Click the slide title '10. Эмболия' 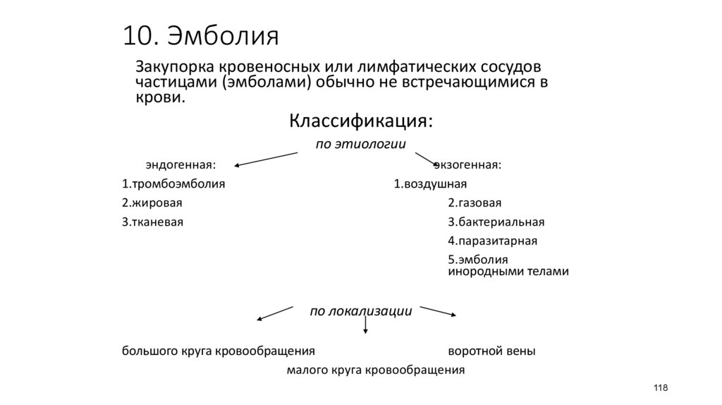tap(201, 35)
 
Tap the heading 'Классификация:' tap(360, 121)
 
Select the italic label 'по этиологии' tap(360, 145)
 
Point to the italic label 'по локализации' tap(360, 311)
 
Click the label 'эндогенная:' tap(180, 165)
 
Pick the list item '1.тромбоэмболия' tap(173, 185)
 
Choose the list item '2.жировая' tap(152, 203)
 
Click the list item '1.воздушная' tap(430, 185)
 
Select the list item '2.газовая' tap(475, 203)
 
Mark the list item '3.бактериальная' tap(496, 222)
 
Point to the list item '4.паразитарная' tap(492, 241)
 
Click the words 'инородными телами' tap(508, 271)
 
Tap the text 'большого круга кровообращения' tap(218, 351)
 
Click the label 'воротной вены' tap(491, 351)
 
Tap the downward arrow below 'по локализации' tap(365, 325)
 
